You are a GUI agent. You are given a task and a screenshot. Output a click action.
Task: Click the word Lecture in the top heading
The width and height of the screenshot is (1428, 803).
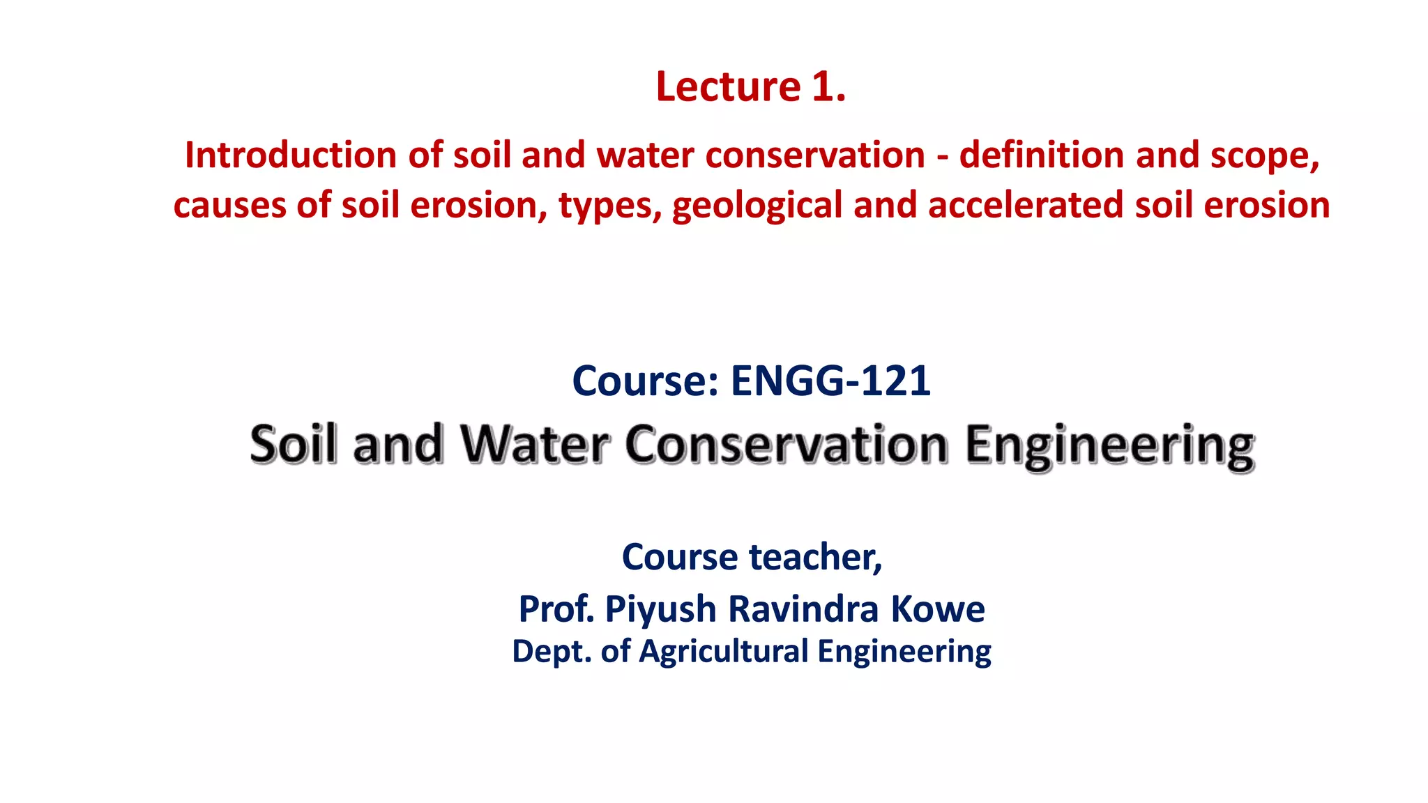click(x=728, y=87)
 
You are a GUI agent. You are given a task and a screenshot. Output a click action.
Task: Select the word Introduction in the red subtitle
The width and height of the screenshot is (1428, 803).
click(x=291, y=155)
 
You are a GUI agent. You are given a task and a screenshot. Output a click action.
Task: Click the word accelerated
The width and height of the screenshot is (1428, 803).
click(x=1026, y=206)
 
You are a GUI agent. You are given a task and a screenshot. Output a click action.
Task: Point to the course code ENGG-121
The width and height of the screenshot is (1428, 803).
click(x=830, y=381)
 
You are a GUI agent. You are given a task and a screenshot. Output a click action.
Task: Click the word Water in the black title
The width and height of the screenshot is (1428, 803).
click(x=535, y=444)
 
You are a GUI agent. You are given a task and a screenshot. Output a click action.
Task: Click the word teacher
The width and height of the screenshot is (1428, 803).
click(x=815, y=557)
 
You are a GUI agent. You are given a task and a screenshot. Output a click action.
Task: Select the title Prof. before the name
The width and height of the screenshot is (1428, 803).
click(x=556, y=609)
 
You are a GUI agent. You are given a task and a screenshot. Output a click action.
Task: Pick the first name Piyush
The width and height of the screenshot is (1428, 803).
click(x=660, y=610)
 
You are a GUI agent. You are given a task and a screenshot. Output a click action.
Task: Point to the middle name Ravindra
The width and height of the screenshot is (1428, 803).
click(x=803, y=609)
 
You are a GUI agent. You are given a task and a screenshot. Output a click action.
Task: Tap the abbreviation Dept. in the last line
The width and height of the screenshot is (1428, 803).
click(x=552, y=652)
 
